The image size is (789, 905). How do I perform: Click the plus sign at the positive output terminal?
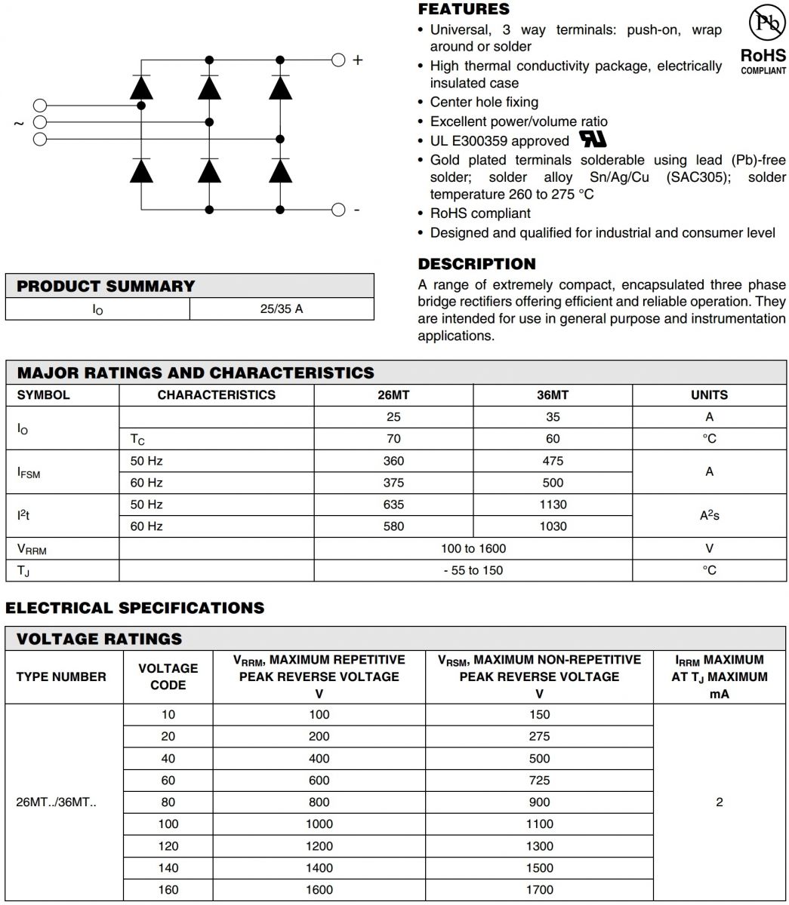358,60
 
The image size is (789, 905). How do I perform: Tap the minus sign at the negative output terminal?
357,210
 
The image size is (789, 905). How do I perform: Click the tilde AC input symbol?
19,123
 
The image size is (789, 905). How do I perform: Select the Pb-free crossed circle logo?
766,25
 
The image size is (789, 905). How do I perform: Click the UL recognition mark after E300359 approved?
593,140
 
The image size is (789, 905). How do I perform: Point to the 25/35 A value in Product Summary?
282,309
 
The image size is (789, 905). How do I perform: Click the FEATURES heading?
464,9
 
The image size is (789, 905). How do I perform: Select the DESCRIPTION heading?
476,264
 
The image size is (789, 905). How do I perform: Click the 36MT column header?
553,395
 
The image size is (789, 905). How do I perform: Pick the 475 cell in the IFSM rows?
553,461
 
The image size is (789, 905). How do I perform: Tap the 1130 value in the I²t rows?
553,505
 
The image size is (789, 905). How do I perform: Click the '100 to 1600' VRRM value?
473,548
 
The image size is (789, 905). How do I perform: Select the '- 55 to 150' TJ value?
473,570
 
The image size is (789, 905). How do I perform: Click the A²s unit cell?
709,515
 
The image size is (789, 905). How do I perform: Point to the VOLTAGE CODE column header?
168,676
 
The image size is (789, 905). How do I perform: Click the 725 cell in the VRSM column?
539,781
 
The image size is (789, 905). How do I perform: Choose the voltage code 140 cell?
168,868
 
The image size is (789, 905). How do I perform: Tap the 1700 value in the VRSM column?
539,890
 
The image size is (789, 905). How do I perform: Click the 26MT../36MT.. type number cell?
56,802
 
